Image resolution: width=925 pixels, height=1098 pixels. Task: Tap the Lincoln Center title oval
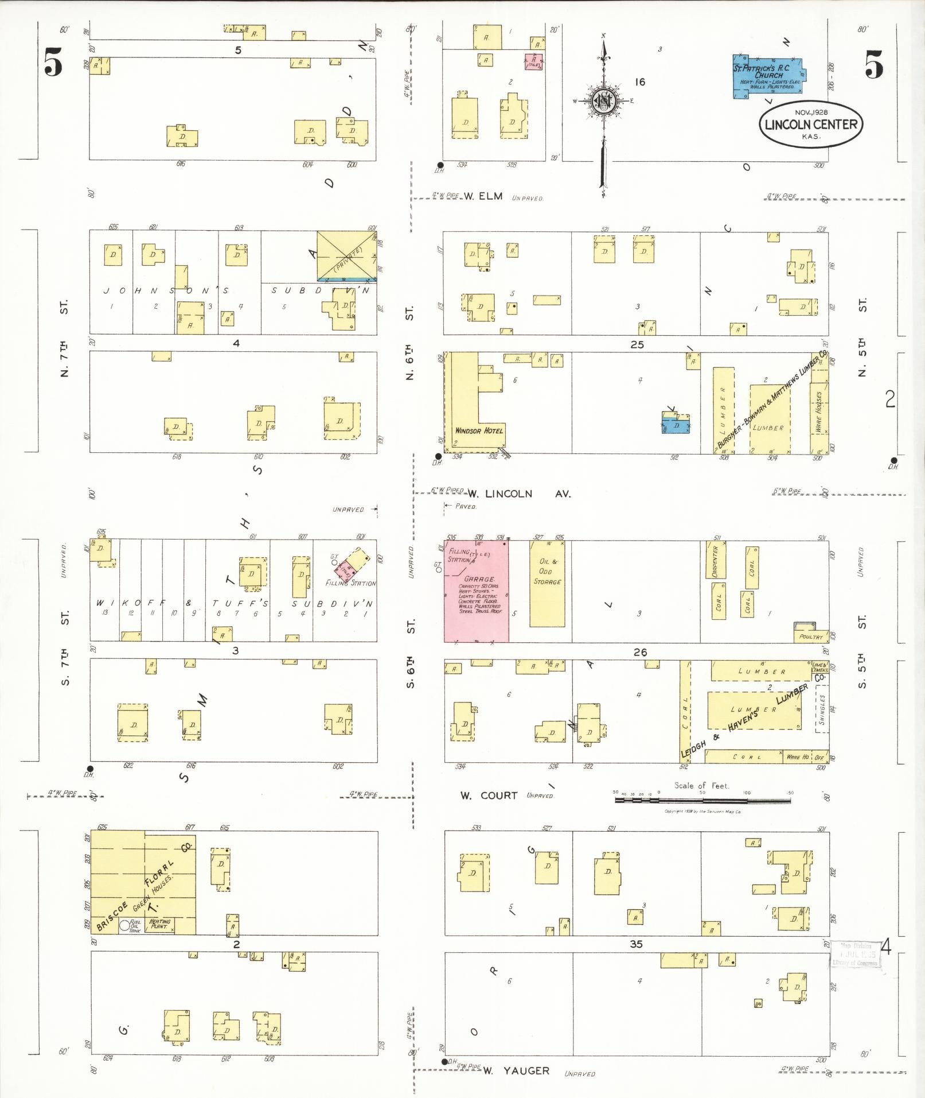[x=810, y=124]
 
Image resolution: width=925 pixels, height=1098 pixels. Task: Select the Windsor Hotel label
[x=479, y=430]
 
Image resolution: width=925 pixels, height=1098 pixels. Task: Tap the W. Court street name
[x=489, y=796]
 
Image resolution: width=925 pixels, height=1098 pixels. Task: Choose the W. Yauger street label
[x=516, y=1070]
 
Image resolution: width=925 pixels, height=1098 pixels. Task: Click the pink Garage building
[x=476, y=591]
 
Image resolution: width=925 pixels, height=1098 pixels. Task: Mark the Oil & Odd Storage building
[x=547, y=583]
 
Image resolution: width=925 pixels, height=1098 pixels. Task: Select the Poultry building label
[x=811, y=637]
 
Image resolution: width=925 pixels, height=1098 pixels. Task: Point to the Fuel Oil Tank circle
[x=124, y=925]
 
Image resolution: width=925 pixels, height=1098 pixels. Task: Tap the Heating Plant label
[x=159, y=925]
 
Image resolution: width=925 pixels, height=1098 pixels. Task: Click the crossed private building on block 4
[x=347, y=255]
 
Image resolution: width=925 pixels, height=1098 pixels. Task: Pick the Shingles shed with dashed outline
[x=822, y=710]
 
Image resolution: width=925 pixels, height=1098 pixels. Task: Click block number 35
[x=636, y=944]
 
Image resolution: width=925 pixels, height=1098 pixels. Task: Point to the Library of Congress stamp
[x=855, y=955]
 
